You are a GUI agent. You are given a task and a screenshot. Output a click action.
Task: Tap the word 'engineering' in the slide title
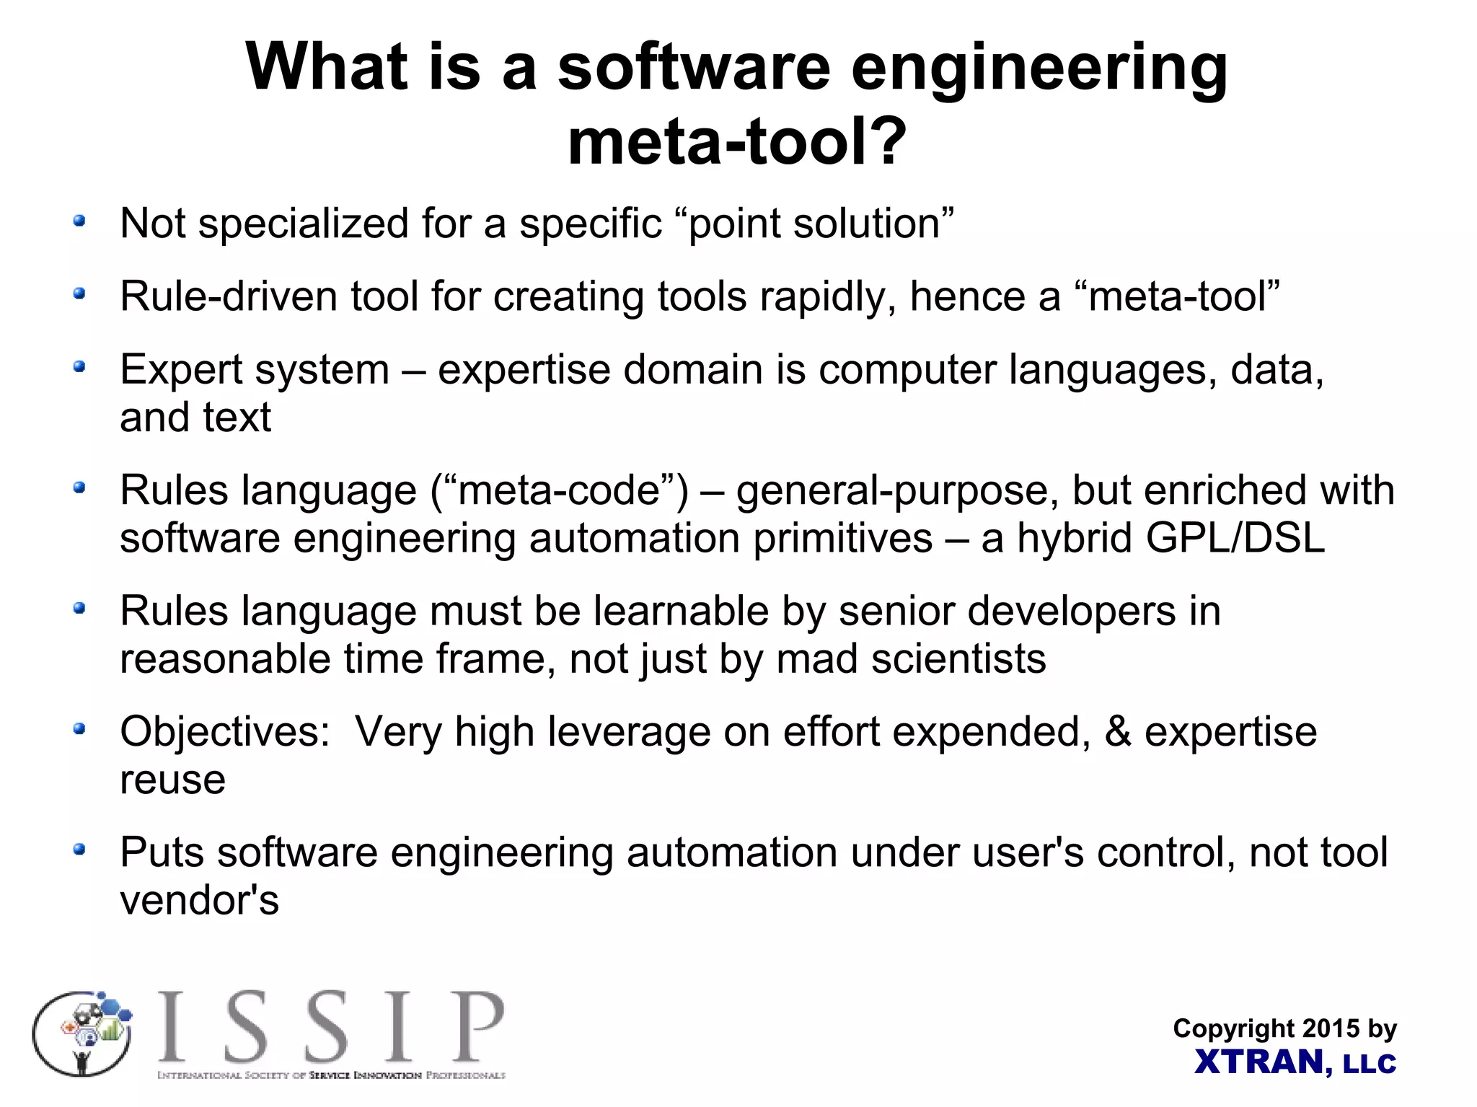(1039, 69)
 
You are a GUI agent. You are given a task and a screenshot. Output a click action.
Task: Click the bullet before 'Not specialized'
(79, 221)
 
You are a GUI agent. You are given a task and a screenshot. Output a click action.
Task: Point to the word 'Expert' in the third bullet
(182, 369)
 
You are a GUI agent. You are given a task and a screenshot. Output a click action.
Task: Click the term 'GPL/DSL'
(1235, 538)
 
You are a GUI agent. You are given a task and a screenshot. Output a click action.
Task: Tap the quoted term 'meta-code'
(559, 490)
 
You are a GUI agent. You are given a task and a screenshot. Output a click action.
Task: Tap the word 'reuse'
(172, 780)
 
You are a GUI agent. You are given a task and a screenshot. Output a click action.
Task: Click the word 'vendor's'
(199, 901)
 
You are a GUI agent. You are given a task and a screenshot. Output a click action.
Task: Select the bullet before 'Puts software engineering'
(79, 850)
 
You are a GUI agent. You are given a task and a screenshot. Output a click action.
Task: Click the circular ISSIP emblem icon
(83, 1033)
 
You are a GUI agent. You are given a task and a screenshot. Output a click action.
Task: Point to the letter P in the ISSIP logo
(477, 1027)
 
